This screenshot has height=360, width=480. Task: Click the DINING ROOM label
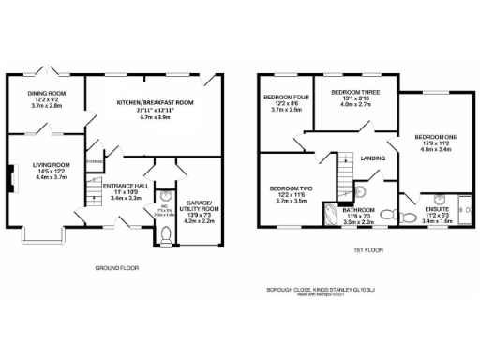[46, 94]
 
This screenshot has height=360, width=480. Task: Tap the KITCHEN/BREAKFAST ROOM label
[155, 101]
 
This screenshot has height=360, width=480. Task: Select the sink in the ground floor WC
[162, 197]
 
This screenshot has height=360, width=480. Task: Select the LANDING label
[374, 158]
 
